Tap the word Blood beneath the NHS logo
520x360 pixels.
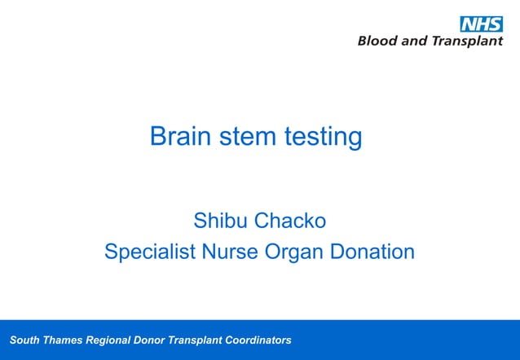pyautogui.click(x=376, y=42)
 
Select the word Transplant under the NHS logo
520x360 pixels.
pyautogui.click(x=466, y=42)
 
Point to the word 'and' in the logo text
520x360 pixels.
pyautogui.click(x=412, y=42)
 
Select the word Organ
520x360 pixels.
pyautogui.click(x=295, y=252)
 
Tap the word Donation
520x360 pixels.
pyautogui.click(x=372, y=252)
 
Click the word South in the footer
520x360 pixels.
pyautogui.click(x=23, y=340)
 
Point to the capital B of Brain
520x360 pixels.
pyautogui.click(x=158, y=136)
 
